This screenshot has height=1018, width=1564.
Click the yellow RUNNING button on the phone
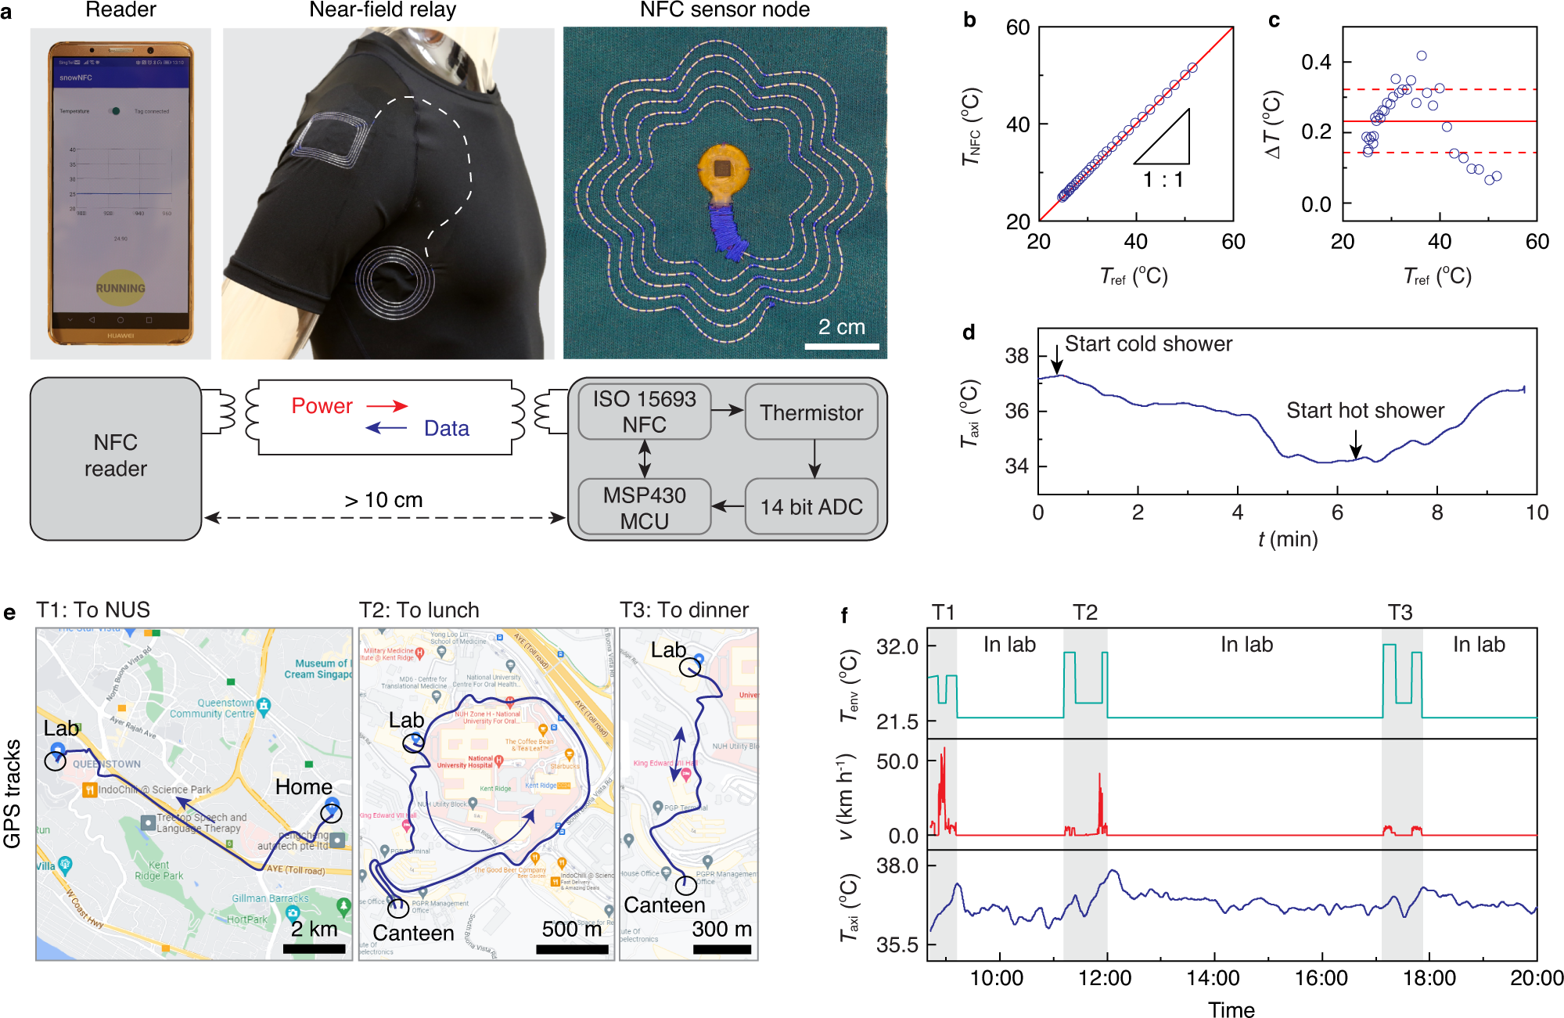click(120, 287)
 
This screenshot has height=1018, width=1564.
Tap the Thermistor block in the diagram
click(811, 412)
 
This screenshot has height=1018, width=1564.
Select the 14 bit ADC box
click(811, 507)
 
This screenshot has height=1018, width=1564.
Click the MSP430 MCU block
click(644, 507)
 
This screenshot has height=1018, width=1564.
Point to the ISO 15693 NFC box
click(644, 411)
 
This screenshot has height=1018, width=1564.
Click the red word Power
click(322, 406)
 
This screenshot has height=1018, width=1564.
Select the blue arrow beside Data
click(387, 428)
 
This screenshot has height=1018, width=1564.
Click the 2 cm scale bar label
click(841, 327)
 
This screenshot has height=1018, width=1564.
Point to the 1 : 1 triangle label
click(1163, 180)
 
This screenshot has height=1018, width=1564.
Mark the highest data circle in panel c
click(1422, 56)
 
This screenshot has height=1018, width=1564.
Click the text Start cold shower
click(1148, 344)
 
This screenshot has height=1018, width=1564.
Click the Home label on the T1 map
click(304, 787)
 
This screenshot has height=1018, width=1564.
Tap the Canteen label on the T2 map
click(413, 933)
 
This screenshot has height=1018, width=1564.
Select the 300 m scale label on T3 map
click(721, 930)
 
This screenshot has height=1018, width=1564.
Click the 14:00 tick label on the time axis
click(1213, 978)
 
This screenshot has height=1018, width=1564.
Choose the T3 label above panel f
click(1400, 612)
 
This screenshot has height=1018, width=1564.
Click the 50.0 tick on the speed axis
click(897, 761)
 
